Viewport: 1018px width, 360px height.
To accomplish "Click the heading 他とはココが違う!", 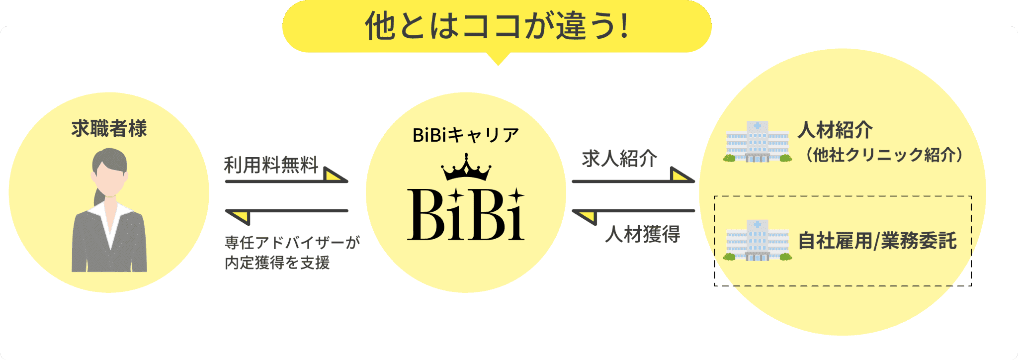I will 497,26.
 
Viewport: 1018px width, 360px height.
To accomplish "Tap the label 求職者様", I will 109,129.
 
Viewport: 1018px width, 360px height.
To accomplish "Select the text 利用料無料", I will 271,165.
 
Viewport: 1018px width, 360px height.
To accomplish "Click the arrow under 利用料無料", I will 287,180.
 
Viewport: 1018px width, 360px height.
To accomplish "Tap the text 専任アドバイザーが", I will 292,242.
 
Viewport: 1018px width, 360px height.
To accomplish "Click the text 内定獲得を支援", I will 277,262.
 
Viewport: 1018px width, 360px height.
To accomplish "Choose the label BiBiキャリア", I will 466,135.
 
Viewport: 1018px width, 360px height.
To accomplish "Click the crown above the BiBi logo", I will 466,168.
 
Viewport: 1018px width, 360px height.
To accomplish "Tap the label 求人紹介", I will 619,159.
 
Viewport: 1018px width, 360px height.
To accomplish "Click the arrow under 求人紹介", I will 633,180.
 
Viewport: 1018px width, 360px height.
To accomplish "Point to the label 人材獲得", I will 642,234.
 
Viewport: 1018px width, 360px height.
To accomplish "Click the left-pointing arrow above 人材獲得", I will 633,212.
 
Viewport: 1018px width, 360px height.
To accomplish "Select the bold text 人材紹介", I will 835,130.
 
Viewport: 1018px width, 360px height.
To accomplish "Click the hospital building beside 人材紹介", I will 757,142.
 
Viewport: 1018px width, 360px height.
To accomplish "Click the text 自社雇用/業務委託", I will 877,241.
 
